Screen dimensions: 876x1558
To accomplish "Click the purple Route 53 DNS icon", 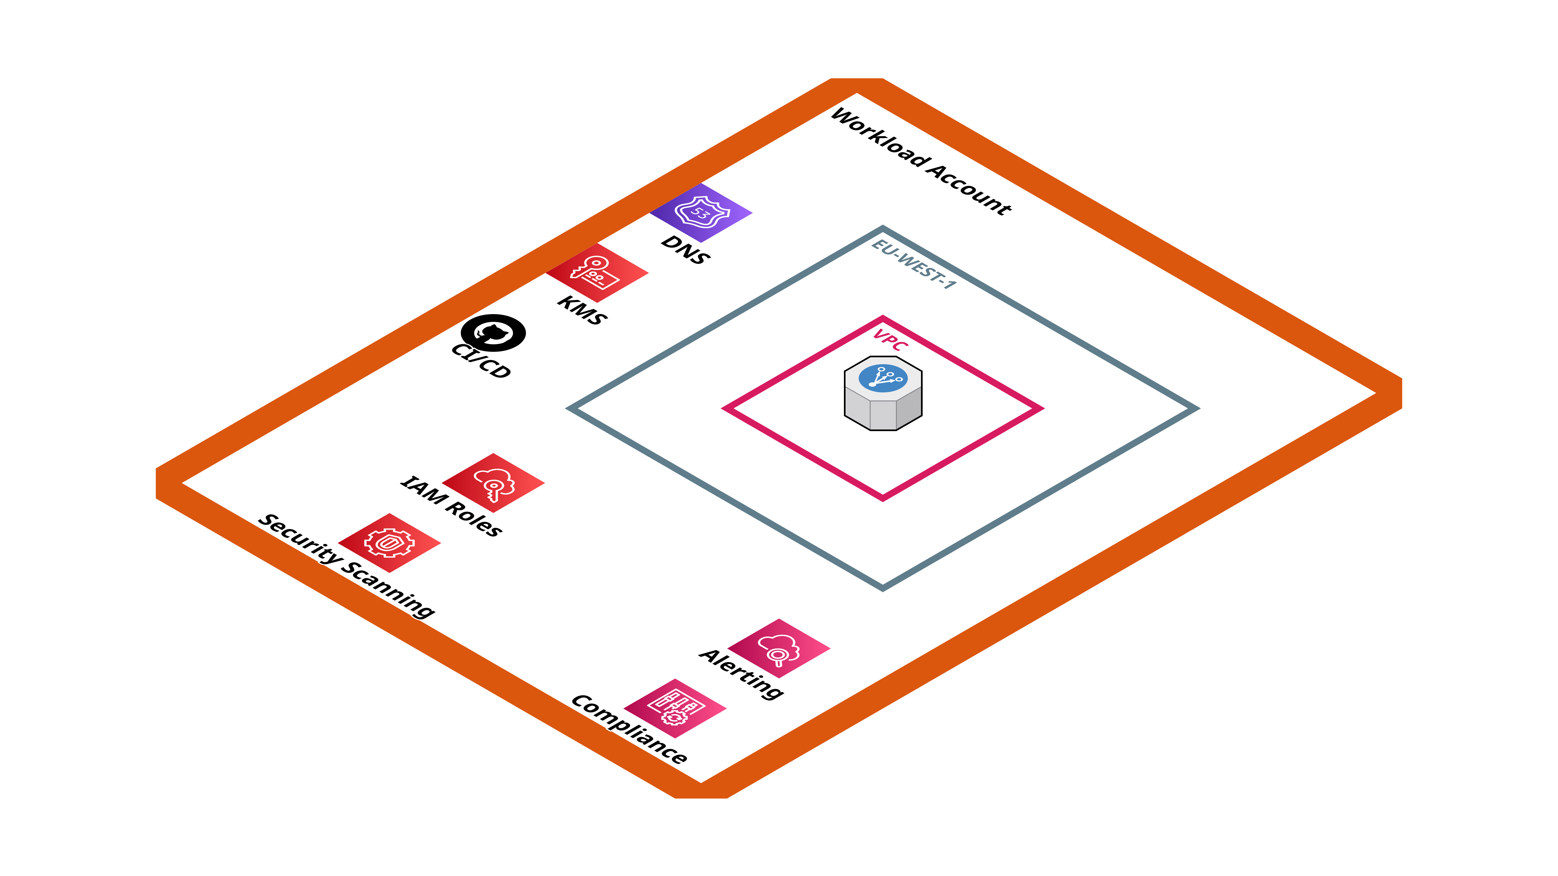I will pos(701,213).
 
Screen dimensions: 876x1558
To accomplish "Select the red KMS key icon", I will pos(597,273).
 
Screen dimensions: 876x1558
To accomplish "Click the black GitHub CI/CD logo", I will pos(493,333).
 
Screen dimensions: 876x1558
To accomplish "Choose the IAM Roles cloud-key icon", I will pos(494,483).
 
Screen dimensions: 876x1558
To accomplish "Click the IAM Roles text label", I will pos(451,506).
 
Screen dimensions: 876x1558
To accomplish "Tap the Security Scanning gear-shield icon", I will pos(389,543).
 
